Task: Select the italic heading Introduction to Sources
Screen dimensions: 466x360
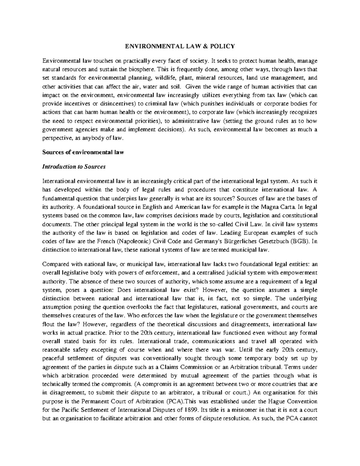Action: [74, 167]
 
